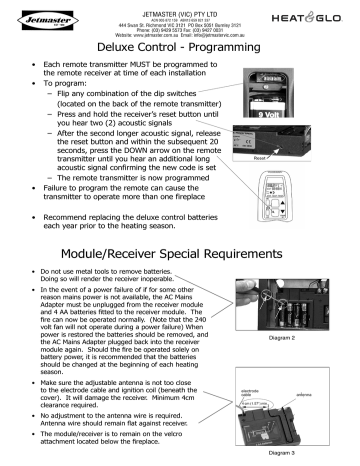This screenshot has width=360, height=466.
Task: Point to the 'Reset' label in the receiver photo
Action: pyautogui.click(x=288, y=156)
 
